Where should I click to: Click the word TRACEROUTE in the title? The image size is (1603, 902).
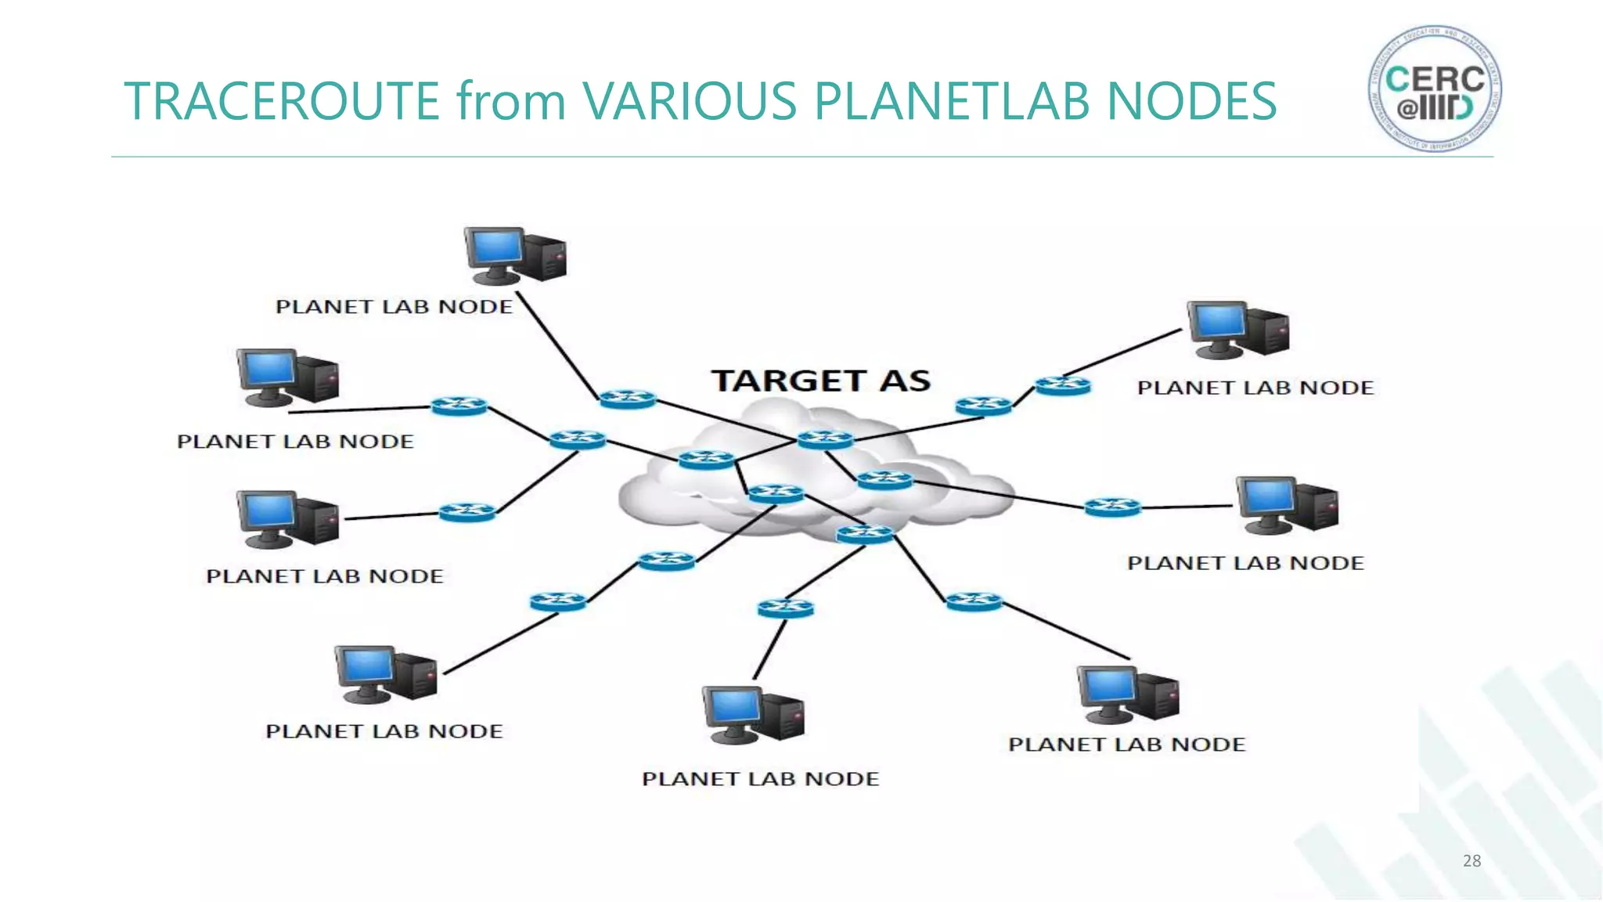click(x=282, y=101)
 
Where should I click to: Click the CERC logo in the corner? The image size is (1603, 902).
click(x=1435, y=88)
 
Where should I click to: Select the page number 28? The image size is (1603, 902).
click(x=1472, y=861)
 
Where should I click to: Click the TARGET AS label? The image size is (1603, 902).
click(x=820, y=381)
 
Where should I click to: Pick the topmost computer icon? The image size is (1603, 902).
click(x=514, y=255)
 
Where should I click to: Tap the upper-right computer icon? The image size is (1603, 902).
click(x=1237, y=330)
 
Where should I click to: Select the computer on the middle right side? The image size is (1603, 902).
click(x=1286, y=505)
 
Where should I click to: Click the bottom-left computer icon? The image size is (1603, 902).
click(x=385, y=674)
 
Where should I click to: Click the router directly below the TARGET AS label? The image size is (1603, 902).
click(x=825, y=439)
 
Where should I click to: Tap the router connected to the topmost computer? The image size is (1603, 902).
click(x=627, y=399)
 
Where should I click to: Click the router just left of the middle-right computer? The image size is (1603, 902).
click(x=1112, y=508)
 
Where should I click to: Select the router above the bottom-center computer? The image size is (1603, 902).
click(x=785, y=608)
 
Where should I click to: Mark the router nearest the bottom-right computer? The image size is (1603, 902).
click(x=974, y=601)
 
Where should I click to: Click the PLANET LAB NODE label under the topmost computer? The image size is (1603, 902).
click(x=394, y=307)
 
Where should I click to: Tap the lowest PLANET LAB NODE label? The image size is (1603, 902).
click(x=760, y=779)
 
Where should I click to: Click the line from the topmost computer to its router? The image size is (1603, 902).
click(x=557, y=345)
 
